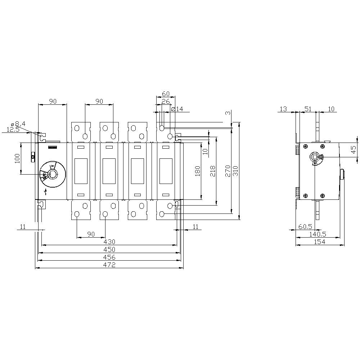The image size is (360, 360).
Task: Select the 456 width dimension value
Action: coord(109,257)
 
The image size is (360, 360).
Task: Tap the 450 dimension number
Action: coord(109,249)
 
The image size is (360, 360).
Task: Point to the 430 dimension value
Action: coord(109,242)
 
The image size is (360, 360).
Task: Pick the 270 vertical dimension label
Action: coord(228,171)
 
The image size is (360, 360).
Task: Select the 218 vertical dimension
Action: coord(212,171)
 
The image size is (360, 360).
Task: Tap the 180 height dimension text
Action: coord(197,171)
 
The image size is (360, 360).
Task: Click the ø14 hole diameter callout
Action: coord(177,109)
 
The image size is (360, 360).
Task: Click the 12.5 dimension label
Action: coord(13,129)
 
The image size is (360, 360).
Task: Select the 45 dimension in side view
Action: coord(354,149)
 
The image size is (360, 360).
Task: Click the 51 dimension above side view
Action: coord(308,109)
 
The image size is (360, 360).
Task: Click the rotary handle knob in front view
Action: coord(53,175)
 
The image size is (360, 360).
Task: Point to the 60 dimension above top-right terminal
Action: coord(166,94)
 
